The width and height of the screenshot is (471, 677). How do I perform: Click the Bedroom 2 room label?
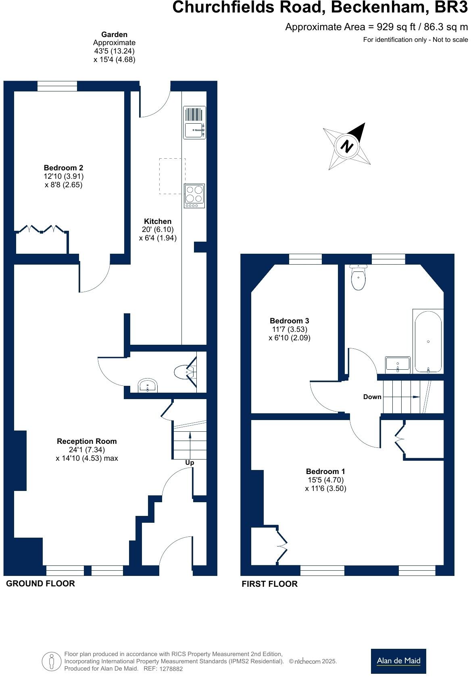[63, 168]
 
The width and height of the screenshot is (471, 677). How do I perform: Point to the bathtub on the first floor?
[428, 341]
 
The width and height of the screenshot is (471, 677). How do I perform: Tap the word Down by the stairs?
[372, 397]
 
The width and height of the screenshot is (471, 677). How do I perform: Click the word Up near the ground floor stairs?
[190, 462]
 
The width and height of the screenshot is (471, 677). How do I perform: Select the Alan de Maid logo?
[398, 661]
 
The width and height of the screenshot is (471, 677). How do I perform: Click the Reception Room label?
[87, 441]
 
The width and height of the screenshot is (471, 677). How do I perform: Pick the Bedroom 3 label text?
[289, 321]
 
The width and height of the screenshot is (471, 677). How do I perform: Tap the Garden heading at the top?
[114, 35]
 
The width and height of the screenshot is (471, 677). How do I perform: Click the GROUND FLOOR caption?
[40, 583]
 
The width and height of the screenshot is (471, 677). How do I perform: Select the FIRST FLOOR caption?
[269, 584]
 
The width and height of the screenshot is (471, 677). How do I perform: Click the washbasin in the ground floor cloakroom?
[148, 385]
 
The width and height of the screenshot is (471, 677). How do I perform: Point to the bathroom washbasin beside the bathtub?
[398, 364]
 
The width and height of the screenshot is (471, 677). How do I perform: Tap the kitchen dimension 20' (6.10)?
[158, 230]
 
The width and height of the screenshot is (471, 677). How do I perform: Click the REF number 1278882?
[172, 669]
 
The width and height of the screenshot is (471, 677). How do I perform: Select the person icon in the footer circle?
[51, 661]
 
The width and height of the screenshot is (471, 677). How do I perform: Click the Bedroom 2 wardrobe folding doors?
[42, 229]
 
